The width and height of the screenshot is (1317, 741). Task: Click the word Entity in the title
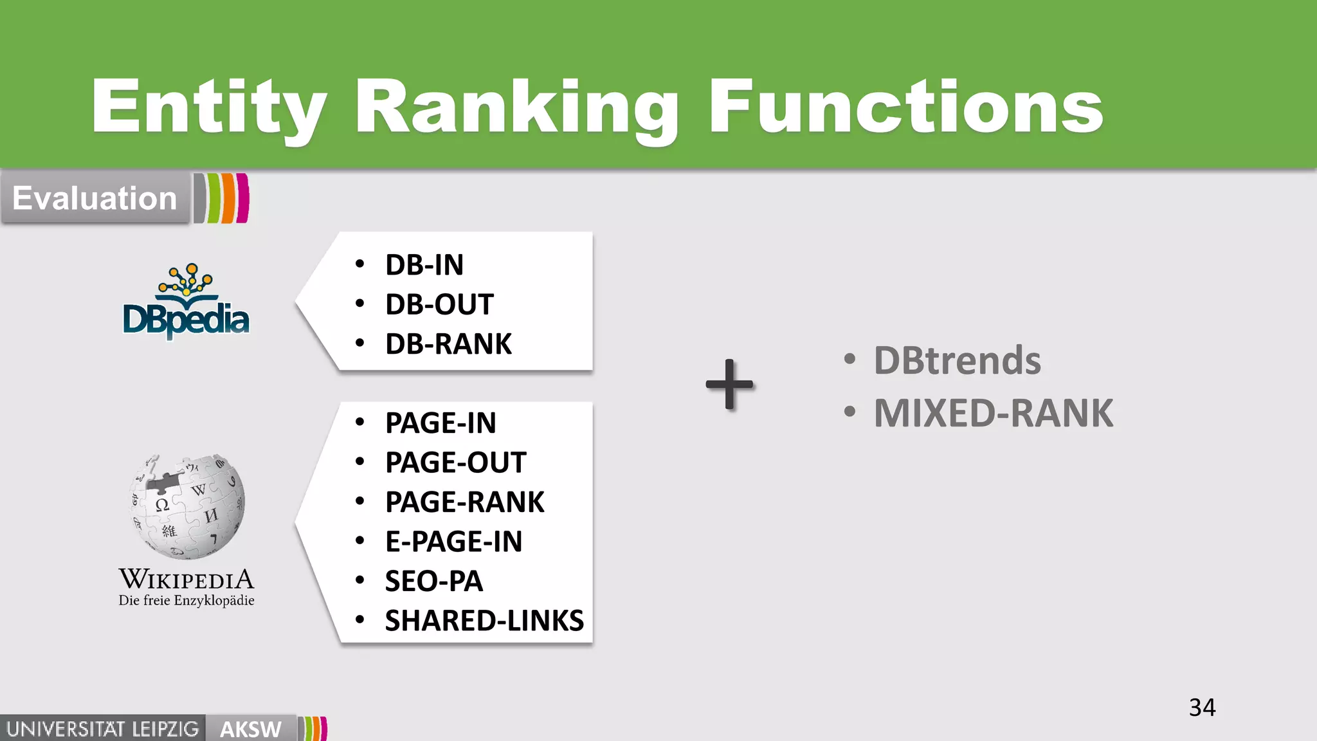pos(209,107)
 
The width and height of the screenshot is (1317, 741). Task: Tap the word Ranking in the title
pos(516,107)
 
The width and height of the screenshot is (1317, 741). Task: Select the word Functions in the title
pos(905,107)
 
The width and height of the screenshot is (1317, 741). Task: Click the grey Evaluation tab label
pos(95,198)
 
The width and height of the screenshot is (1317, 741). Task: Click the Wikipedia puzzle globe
pos(187,506)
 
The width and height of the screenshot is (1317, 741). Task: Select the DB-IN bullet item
pos(424,265)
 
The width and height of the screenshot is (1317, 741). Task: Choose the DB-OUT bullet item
pos(439,305)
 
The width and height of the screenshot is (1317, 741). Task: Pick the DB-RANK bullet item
pos(448,344)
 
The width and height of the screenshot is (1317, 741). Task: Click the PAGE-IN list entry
pos(441,423)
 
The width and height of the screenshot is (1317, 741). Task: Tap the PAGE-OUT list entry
pos(455,462)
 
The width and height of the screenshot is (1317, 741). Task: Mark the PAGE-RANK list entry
pos(464,502)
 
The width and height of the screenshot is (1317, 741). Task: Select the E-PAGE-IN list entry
pos(453,542)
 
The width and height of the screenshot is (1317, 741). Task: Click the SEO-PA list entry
pos(433,581)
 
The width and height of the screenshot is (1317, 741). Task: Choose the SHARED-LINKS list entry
pos(484,621)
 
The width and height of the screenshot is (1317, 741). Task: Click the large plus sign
pos(729,385)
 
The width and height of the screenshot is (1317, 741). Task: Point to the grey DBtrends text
pos(957,360)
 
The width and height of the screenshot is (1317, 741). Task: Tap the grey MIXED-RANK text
pos(993,413)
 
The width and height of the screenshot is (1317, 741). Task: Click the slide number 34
pos(1202,708)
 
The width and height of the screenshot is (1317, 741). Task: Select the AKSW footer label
pos(251,729)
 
